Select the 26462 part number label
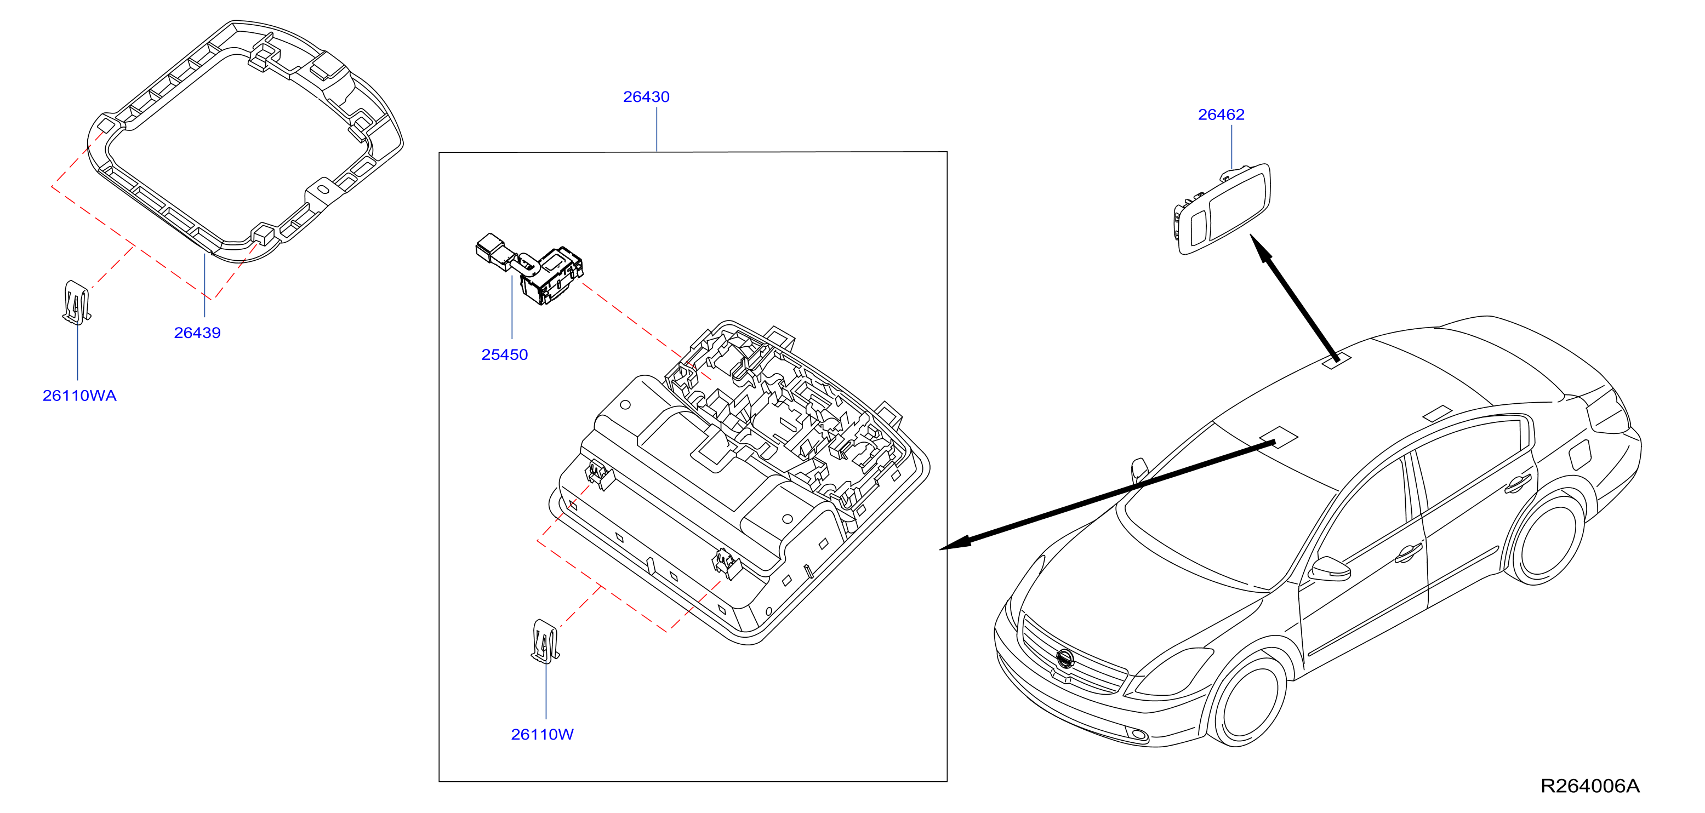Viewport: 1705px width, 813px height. click(1221, 114)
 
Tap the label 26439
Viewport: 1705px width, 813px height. click(197, 333)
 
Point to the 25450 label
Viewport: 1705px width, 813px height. click(504, 354)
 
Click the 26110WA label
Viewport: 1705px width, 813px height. click(79, 396)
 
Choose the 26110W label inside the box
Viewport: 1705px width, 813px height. click(542, 734)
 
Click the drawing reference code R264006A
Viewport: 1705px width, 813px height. click(1590, 786)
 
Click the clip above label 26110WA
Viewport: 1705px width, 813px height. click(76, 303)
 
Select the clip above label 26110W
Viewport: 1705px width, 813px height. click(545, 641)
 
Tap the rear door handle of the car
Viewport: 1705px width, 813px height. click(1518, 484)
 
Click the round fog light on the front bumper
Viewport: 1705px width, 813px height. click(1138, 734)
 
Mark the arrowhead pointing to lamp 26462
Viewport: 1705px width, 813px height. click(1262, 249)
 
